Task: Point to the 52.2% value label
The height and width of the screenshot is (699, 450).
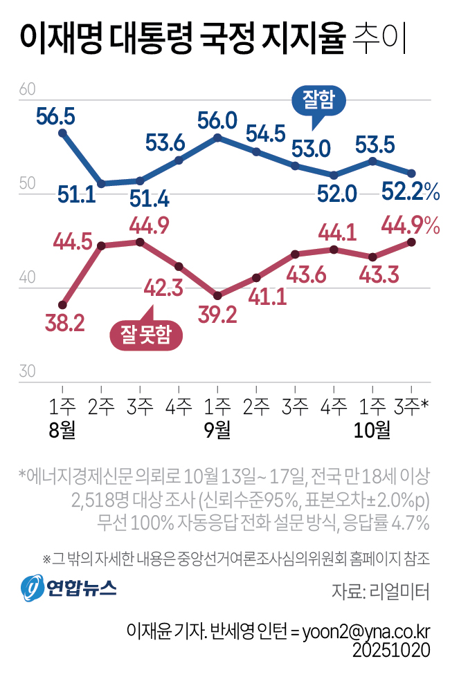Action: coord(413,193)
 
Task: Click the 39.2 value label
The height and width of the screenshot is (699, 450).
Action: coord(217,315)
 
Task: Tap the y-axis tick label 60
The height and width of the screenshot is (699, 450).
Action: coord(28,89)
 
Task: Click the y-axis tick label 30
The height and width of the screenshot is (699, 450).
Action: coord(28,371)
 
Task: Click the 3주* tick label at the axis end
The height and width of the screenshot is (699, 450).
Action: coord(412,406)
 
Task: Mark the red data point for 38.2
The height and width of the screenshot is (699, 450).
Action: coord(62,304)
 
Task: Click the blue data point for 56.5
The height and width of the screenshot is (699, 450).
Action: coord(62,133)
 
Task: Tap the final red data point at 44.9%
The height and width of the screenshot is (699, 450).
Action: coord(411,241)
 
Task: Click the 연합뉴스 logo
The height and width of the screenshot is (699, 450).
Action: coord(69,588)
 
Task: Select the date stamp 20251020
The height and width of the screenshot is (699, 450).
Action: coord(391,651)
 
